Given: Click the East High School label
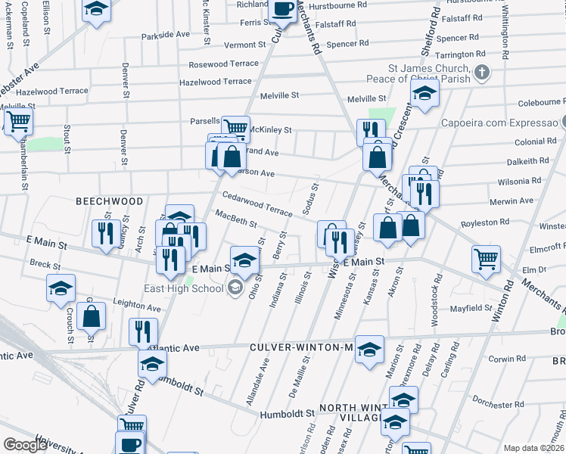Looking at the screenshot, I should [x=184, y=288].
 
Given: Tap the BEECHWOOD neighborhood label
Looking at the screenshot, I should [x=109, y=201].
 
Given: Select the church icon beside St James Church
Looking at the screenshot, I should [x=481, y=73].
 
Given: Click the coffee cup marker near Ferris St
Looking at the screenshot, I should [x=283, y=10].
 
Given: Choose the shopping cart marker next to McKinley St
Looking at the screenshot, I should [x=236, y=128].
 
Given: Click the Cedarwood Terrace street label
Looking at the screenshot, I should [x=257, y=204].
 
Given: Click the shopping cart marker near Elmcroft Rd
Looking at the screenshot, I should [x=486, y=259].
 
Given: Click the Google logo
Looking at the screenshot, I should [x=25, y=445].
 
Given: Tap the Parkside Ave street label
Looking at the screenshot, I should [x=165, y=35].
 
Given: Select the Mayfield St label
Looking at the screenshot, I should [x=469, y=309].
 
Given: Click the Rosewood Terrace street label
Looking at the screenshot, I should [x=223, y=64].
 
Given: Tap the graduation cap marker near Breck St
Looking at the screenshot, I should [x=61, y=290].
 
